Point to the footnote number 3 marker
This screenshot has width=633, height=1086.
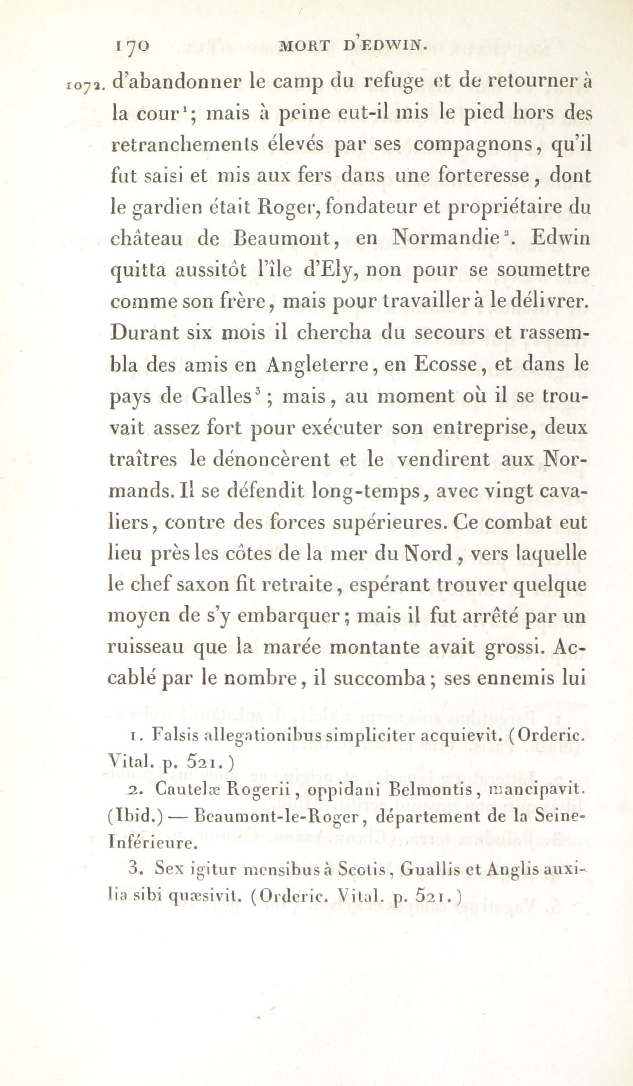click(x=134, y=868)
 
